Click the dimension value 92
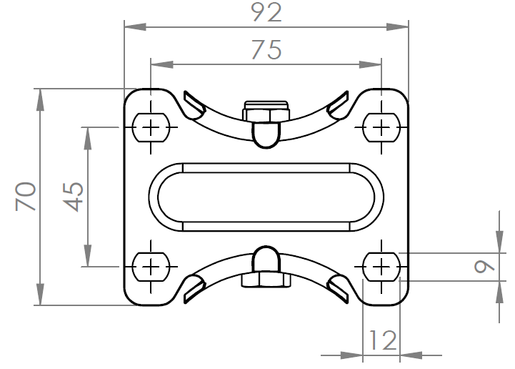coord(266,12)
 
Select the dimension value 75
coord(266,49)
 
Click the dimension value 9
coord(485,266)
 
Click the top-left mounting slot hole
coord(151,127)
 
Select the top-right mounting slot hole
coord(382,127)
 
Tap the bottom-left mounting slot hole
coord(151,267)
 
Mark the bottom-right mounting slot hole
coord(382,267)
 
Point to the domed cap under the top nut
coord(266,134)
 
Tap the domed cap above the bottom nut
coord(266,260)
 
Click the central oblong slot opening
coord(266,197)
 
